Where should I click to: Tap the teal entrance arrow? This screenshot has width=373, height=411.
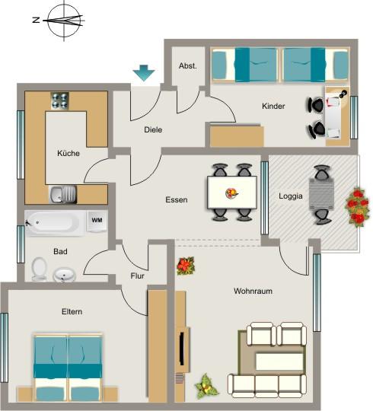[143, 74]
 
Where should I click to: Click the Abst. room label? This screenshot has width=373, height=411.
[187, 66]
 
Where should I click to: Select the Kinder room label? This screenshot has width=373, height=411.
[273, 107]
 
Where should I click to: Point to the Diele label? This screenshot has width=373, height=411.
[153, 129]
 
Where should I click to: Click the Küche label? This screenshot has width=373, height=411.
[69, 153]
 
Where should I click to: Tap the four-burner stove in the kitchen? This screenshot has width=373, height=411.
[60, 100]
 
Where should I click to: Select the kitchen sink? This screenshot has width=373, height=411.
[61, 195]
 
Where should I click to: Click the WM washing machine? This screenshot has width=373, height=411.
[97, 220]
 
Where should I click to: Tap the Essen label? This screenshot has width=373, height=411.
[177, 200]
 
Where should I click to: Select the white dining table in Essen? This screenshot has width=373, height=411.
[231, 192]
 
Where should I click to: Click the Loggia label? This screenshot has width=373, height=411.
[291, 196]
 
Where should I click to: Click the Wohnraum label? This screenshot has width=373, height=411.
[253, 291]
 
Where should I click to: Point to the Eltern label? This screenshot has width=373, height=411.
[72, 311]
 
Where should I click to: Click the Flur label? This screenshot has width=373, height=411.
[137, 276]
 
